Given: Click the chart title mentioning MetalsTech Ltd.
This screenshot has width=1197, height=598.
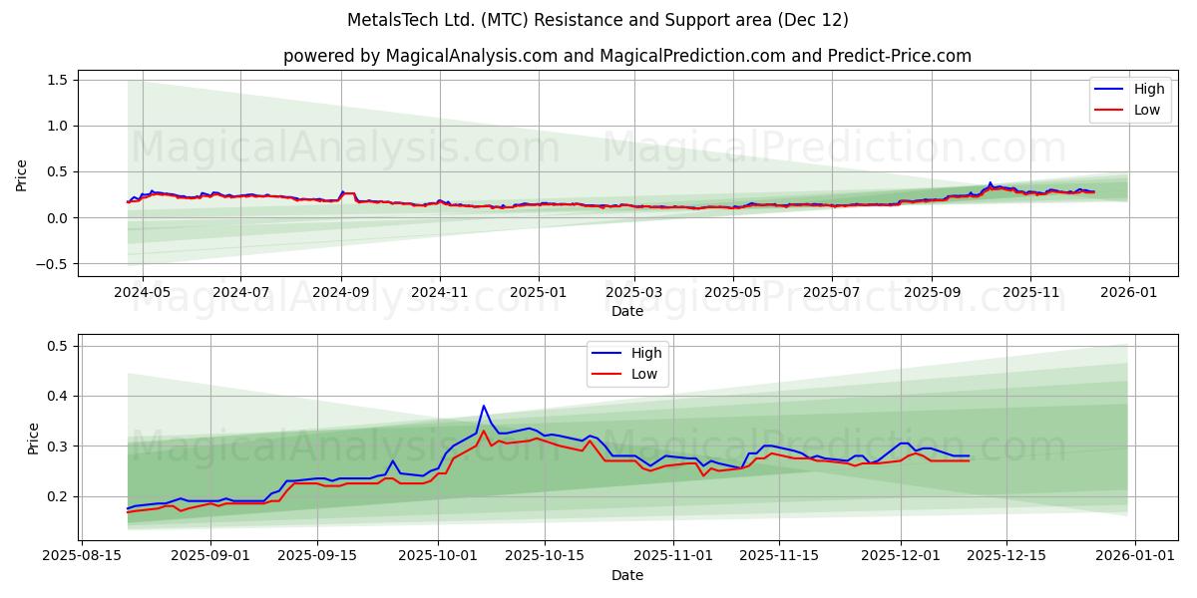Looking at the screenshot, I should click(598, 20).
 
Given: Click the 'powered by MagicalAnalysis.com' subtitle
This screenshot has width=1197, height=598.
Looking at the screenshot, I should click(626, 56).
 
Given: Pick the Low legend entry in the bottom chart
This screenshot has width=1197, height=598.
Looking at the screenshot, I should click(644, 373).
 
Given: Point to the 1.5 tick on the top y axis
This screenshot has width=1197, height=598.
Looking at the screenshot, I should click(57, 80).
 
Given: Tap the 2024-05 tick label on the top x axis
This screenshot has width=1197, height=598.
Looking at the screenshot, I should click(142, 293).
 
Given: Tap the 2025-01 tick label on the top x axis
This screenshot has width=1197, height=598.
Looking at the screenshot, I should click(538, 293).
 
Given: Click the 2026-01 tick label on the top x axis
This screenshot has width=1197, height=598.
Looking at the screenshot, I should click(1128, 293).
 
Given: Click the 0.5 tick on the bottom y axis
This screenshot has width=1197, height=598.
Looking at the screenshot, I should click(57, 346).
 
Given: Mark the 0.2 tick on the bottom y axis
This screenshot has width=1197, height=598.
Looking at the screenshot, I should click(57, 496).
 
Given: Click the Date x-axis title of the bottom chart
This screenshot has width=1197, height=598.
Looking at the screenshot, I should click(627, 575).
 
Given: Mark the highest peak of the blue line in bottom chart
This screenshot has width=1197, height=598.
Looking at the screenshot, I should click(484, 406).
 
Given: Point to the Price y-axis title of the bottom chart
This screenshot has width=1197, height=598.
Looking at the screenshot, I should click(34, 438).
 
